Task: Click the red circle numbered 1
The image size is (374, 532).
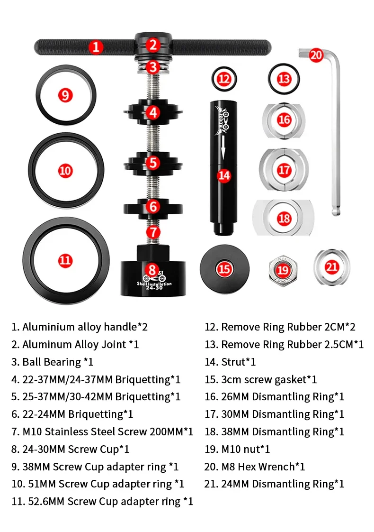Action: coord(96,47)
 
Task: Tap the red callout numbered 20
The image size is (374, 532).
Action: coord(316,55)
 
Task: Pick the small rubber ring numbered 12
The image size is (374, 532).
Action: coord(224,79)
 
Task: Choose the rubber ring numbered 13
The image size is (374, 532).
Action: coord(284,79)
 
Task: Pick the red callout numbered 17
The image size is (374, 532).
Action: coord(284,170)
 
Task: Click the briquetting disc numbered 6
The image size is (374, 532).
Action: coord(135,207)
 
